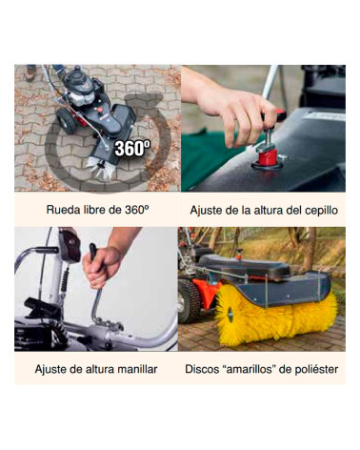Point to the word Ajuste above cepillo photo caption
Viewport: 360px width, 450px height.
(x=208, y=209)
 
